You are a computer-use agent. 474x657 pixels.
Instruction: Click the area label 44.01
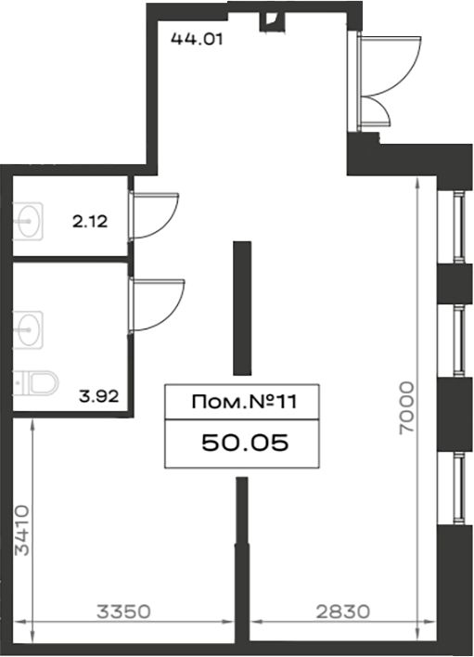[x=197, y=39]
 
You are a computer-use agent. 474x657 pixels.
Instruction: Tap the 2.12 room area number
[x=90, y=221]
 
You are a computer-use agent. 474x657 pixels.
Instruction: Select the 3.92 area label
[x=99, y=395]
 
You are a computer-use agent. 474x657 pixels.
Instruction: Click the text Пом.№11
[x=244, y=402]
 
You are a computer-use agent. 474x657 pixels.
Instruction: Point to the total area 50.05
[x=245, y=443]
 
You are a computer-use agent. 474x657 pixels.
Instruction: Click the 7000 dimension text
[x=406, y=407]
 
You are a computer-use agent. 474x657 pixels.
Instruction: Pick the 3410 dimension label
[x=21, y=531]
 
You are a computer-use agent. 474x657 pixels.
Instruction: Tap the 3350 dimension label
[x=123, y=612]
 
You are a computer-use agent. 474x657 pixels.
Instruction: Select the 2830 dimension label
[x=343, y=612]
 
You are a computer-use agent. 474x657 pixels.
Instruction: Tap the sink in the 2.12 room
[x=28, y=221]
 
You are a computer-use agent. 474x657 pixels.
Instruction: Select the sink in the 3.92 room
[x=28, y=329]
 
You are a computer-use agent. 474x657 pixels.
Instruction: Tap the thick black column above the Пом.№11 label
[x=242, y=308]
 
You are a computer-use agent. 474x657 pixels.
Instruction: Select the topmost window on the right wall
[x=460, y=226]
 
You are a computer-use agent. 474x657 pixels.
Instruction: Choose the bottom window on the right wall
[x=460, y=488]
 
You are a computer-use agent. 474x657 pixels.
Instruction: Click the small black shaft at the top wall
[x=271, y=21]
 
